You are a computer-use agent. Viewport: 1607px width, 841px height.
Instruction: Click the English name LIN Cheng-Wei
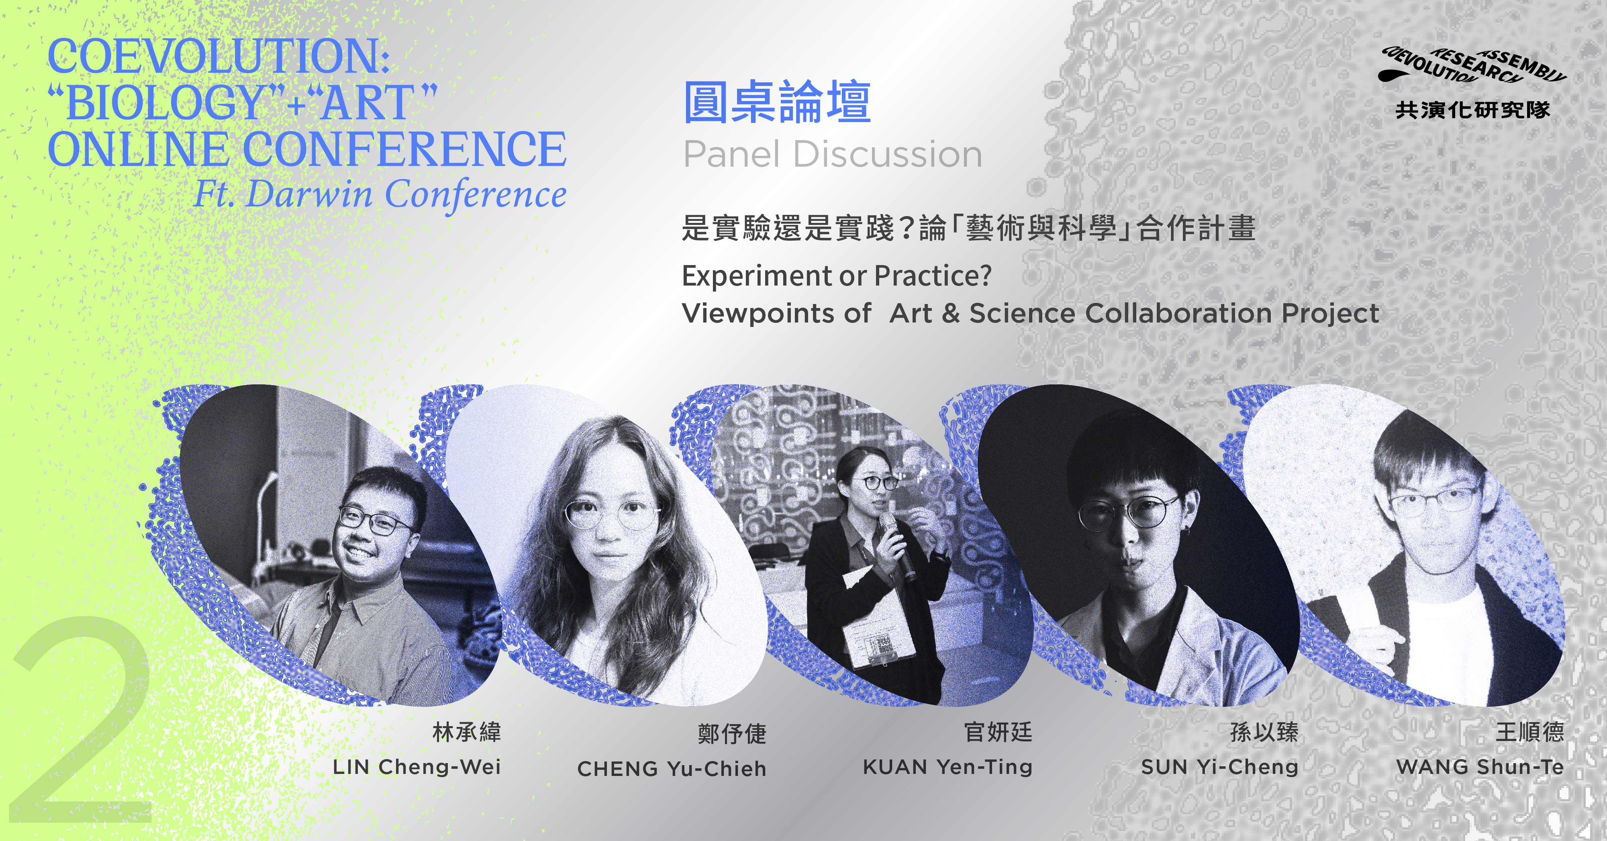(417, 767)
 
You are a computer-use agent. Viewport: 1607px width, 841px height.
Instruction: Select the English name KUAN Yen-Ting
(947, 767)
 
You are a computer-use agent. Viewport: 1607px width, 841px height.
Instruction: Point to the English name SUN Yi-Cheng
(1219, 767)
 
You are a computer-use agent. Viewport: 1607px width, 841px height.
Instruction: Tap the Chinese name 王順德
(1529, 732)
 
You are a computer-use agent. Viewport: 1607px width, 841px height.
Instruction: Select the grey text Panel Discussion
(833, 154)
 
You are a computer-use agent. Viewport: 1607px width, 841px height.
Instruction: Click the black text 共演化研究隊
(1473, 110)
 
